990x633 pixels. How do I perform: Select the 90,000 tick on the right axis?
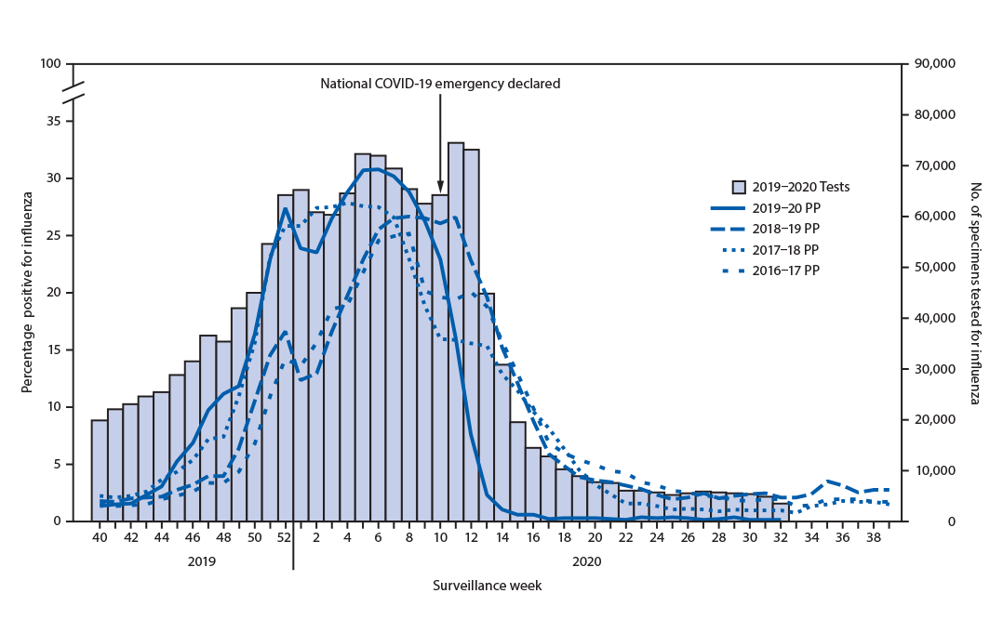[x=932, y=64]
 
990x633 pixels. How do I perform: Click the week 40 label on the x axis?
[x=100, y=538]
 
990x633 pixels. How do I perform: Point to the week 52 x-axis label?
[x=285, y=538]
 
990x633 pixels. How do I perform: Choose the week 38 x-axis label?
[x=873, y=538]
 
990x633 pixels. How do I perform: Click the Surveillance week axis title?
[x=487, y=587]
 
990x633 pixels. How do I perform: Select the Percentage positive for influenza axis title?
[x=29, y=291]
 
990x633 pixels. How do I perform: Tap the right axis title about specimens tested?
[x=973, y=293]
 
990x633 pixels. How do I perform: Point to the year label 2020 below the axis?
[x=587, y=561]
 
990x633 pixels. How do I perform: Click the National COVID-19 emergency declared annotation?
[x=440, y=84]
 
